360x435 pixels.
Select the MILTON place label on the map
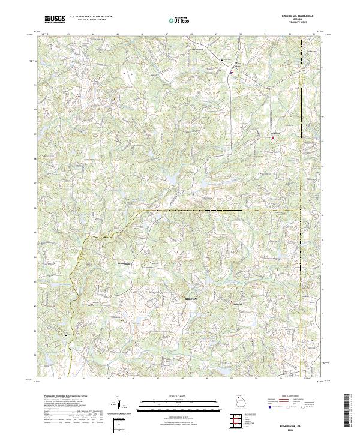189,298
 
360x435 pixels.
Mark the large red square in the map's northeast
274,139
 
